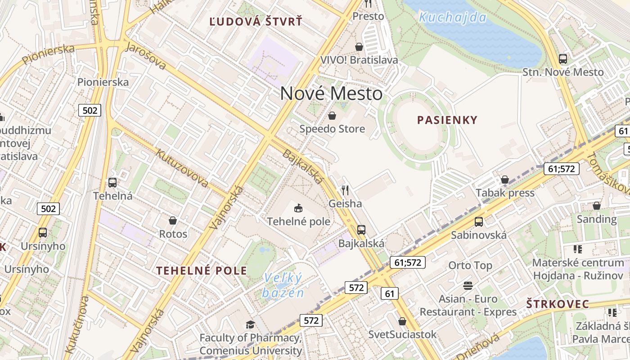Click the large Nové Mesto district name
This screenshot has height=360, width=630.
click(331, 94)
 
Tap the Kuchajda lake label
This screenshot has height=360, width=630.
click(452, 18)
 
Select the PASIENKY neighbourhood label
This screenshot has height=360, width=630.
click(447, 120)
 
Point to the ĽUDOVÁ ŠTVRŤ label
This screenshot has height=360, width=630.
click(256, 22)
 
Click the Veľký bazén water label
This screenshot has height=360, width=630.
click(283, 285)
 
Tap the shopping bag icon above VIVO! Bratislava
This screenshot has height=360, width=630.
click(359, 47)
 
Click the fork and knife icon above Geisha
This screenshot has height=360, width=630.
click(345, 190)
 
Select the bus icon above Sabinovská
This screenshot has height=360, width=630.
click(478, 222)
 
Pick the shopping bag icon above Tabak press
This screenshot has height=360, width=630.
click(505, 180)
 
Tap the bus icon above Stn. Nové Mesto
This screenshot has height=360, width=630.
click(562, 59)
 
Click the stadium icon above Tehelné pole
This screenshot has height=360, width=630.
click(298, 208)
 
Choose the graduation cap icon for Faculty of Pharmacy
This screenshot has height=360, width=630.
click(250, 324)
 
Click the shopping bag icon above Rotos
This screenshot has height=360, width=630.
click(172, 220)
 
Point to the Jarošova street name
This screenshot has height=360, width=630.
click(146, 56)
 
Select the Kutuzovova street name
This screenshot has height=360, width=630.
click(182, 168)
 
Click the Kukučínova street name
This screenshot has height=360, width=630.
click(77, 324)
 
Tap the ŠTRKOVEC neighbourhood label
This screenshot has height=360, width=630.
click(558, 304)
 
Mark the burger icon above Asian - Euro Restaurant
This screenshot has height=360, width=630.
click(468, 285)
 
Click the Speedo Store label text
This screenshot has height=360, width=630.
click(332, 129)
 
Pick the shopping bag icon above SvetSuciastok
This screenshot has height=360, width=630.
click(402, 321)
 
